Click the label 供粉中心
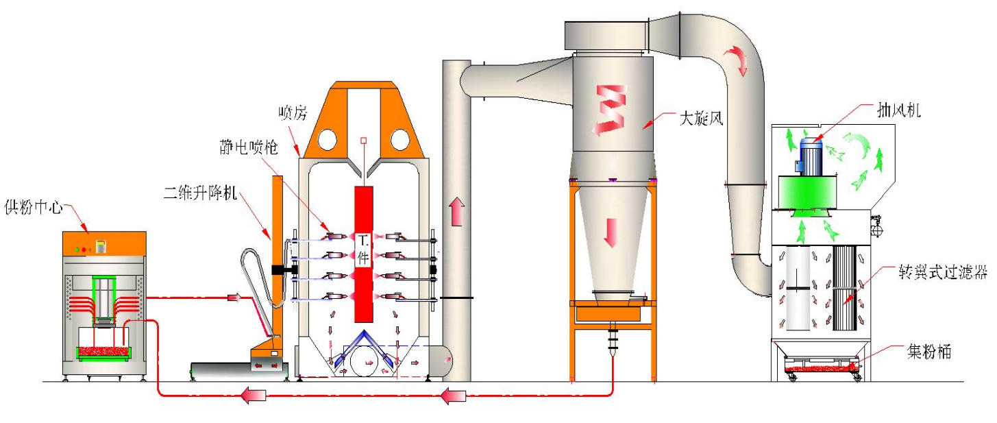(x=32, y=206)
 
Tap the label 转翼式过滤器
(x=943, y=273)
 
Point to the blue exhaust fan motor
(x=811, y=157)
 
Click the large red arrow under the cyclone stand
(x=454, y=396)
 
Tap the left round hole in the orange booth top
(x=326, y=140)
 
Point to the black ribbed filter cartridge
(x=847, y=288)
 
